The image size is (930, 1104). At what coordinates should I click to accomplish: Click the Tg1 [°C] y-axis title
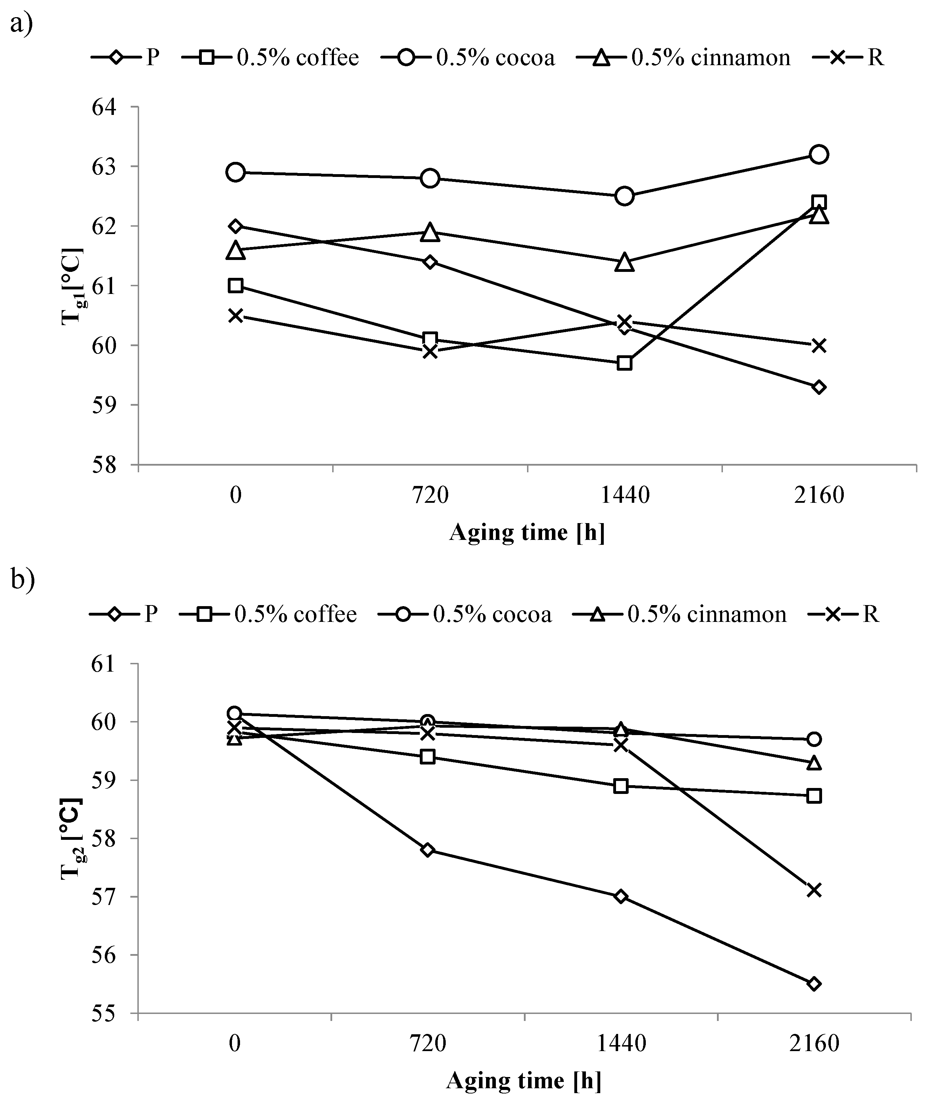pos(73,285)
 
